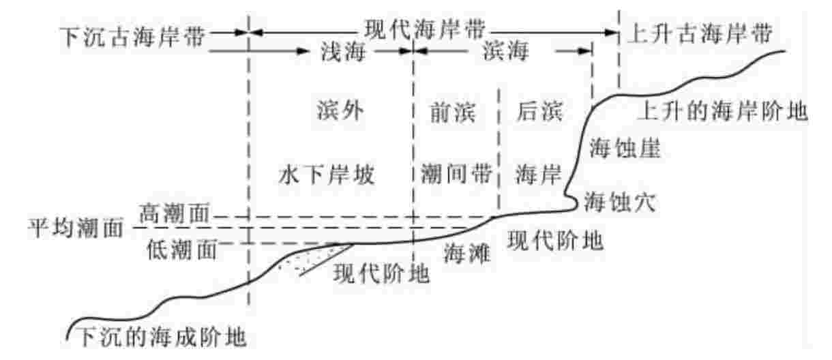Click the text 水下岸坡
coord(327,174)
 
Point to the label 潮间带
coord(456,174)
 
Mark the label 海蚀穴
coord(618,202)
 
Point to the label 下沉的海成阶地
coord(161,336)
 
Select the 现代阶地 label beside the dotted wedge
coord(381,273)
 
